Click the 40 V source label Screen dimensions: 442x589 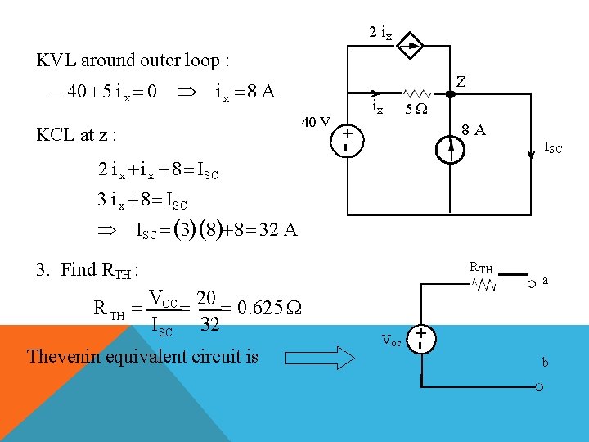[315, 123]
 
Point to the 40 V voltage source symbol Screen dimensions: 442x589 [348, 138]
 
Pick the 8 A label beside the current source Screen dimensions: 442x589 [472, 129]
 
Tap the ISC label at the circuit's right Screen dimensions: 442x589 [553, 148]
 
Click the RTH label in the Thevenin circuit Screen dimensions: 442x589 [481, 267]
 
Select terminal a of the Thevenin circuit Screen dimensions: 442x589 [532, 283]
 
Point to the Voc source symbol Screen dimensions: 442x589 [421, 340]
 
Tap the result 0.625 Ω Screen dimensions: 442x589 [267, 308]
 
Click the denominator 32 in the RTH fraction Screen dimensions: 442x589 [209, 324]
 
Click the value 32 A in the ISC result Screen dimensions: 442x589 [277, 229]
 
